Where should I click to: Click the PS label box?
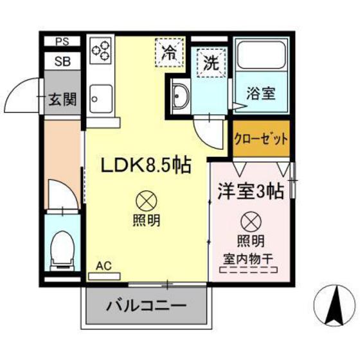(x=62, y=42)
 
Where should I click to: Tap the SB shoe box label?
(x=62, y=62)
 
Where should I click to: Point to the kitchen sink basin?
(x=100, y=100)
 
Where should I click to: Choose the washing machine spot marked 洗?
(x=210, y=62)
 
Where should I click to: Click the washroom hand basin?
(x=180, y=97)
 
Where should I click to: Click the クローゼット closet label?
(x=260, y=139)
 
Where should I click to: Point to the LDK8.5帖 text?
(x=146, y=165)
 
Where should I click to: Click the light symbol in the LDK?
(x=147, y=202)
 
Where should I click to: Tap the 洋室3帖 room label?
(x=251, y=191)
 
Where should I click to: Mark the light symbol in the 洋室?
(x=251, y=222)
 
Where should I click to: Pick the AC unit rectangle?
(x=104, y=276)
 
